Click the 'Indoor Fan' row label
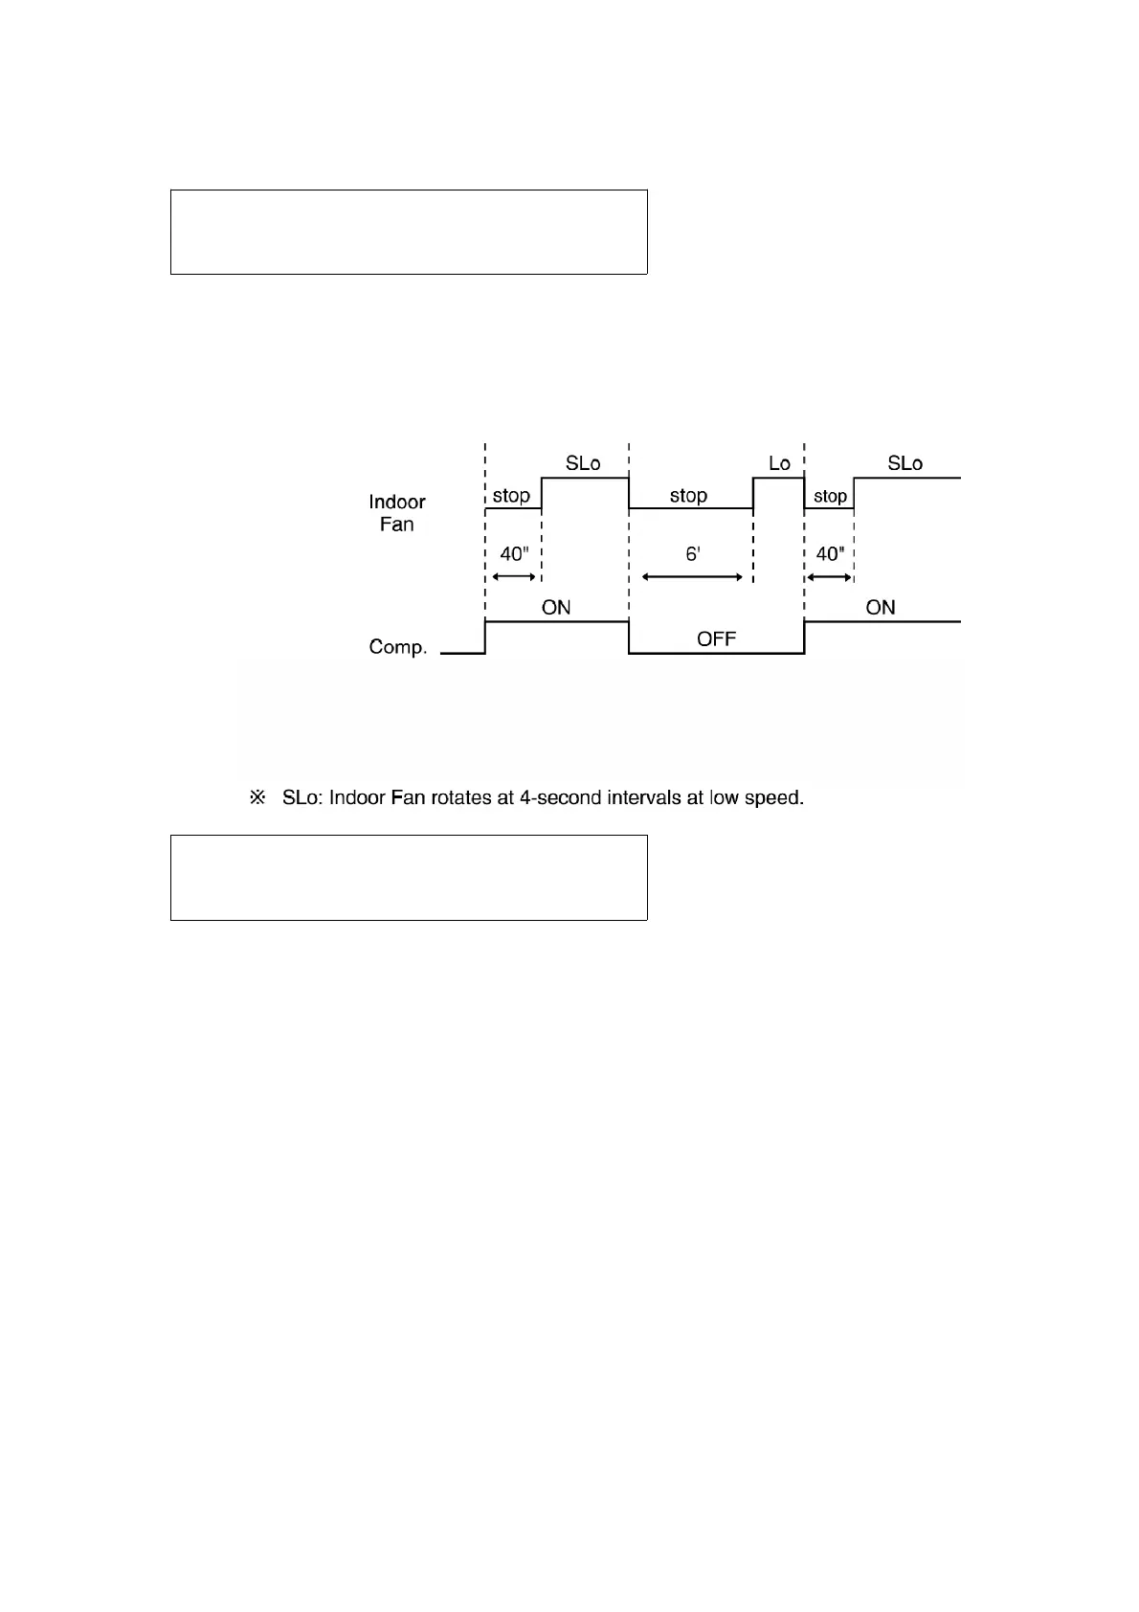click(396, 513)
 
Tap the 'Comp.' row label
click(397, 647)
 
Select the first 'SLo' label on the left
click(583, 463)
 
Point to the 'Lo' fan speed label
click(779, 463)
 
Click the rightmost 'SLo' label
click(904, 463)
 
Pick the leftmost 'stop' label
click(511, 496)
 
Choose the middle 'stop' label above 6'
click(688, 496)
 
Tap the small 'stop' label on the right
click(830, 496)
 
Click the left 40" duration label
click(514, 554)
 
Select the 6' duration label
click(693, 554)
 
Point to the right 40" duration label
click(829, 554)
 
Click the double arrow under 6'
click(692, 577)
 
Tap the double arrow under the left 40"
click(513, 577)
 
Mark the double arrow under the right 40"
click(829, 577)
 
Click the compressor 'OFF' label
click(716, 638)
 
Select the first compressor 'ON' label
click(556, 608)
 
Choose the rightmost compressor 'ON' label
click(881, 608)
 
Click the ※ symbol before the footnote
click(257, 797)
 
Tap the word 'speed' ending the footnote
click(773, 797)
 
